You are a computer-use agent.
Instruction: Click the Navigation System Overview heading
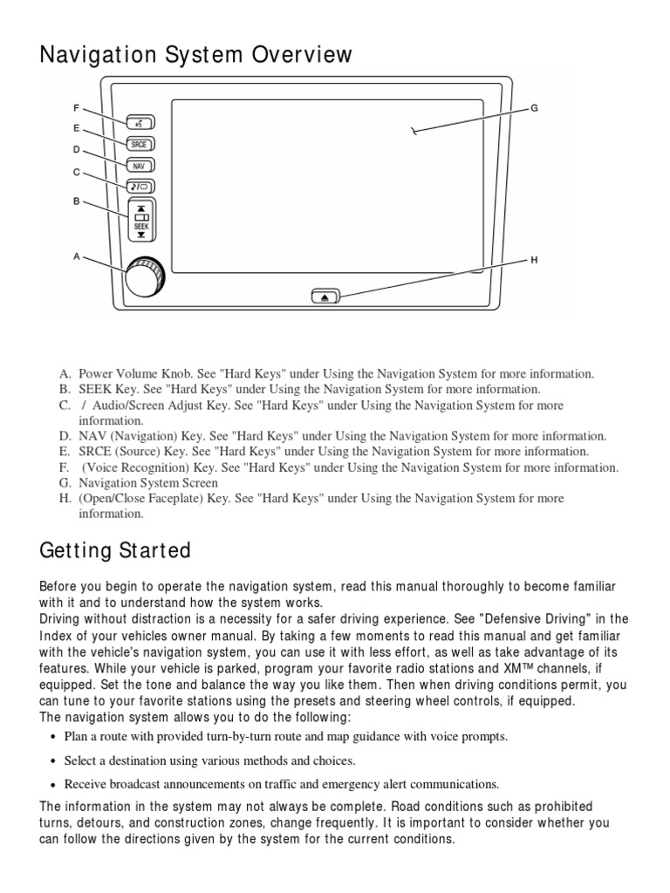click(x=196, y=55)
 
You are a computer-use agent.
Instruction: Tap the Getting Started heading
click(x=115, y=551)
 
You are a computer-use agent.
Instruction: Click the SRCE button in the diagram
click(x=140, y=143)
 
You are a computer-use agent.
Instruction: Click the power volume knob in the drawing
click(x=143, y=278)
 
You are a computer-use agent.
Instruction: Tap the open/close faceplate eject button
click(x=325, y=297)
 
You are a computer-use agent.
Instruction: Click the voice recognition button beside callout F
click(x=140, y=122)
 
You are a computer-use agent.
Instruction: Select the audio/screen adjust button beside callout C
click(x=140, y=185)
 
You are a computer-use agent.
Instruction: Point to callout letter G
click(x=535, y=108)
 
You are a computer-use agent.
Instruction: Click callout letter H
click(x=535, y=260)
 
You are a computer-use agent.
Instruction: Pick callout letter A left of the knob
click(x=77, y=256)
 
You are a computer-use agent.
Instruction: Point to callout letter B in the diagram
click(x=77, y=201)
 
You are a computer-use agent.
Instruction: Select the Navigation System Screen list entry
click(x=148, y=482)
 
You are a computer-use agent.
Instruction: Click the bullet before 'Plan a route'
click(x=54, y=737)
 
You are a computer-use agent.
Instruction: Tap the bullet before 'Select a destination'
click(x=54, y=761)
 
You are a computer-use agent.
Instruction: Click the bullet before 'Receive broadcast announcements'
click(x=54, y=785)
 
